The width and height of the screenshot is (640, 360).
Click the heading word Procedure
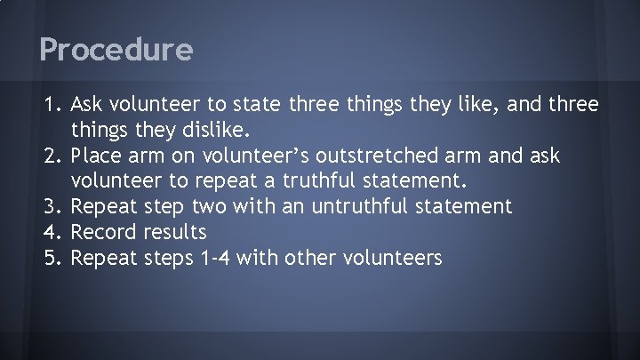(116, 50)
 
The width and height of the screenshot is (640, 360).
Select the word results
(176, 233)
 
